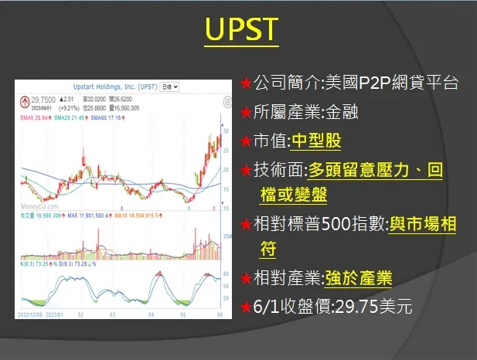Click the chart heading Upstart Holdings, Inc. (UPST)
[108, 87]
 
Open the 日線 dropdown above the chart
[169, 87]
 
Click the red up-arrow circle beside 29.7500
[25, 100]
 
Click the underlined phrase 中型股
[314, 141]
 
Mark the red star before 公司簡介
[245, 82]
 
